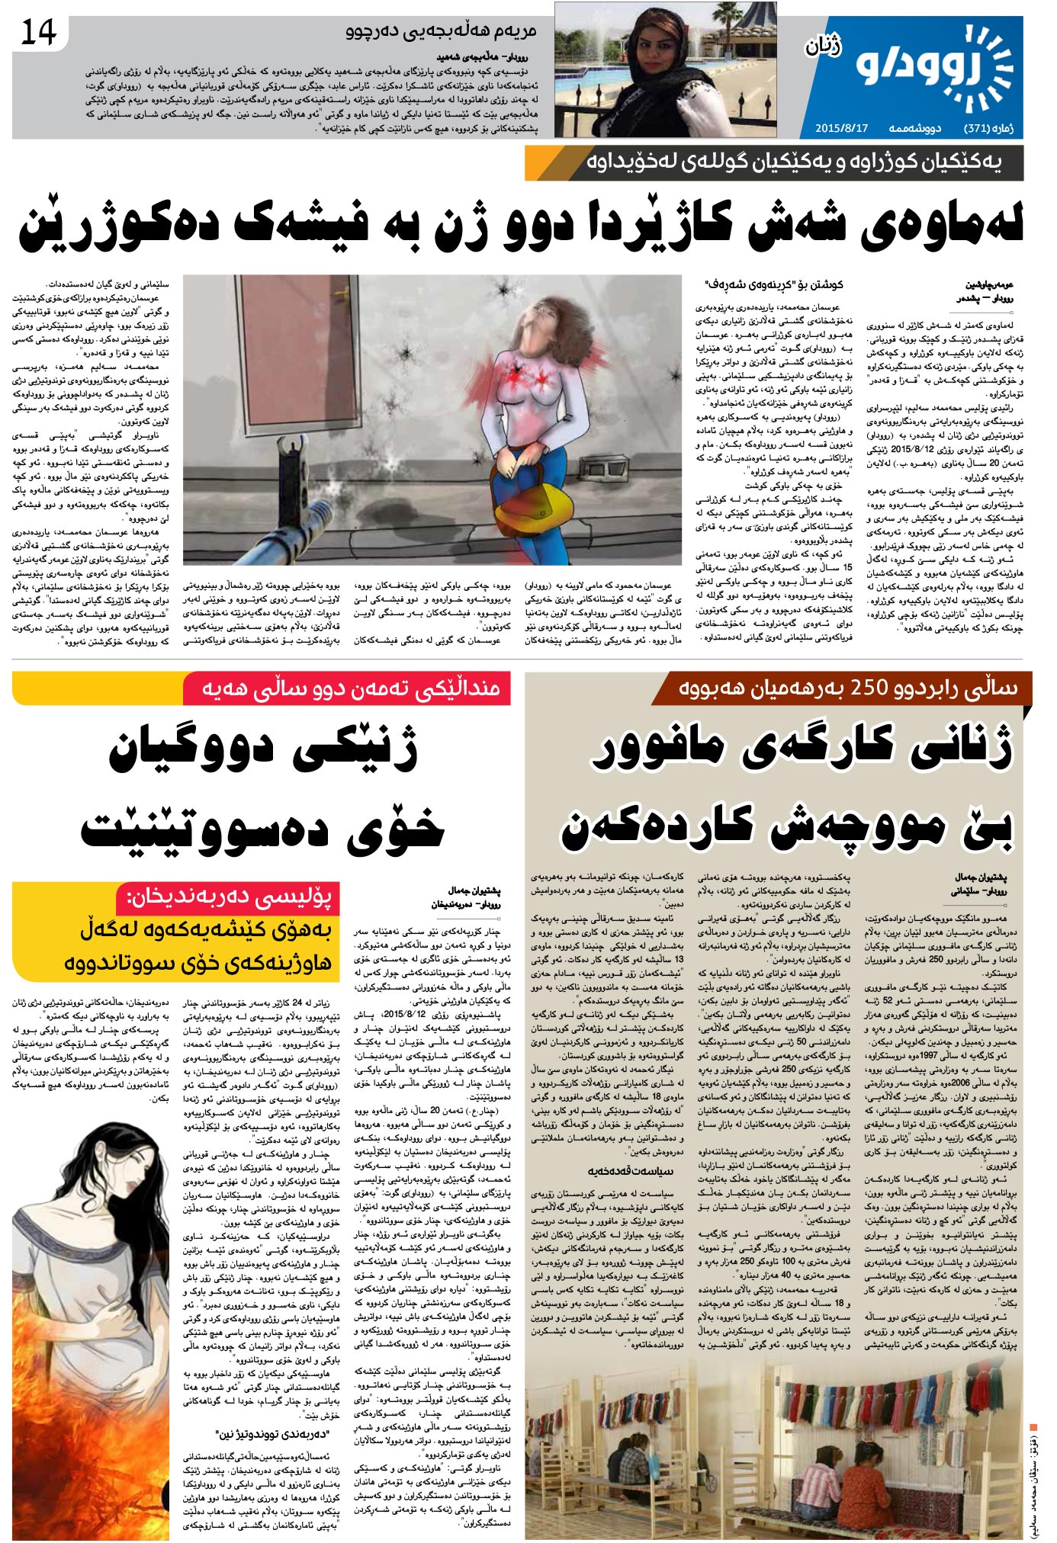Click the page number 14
(x=39, y=33)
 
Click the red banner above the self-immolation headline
(x=346, y=688)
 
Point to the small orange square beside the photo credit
(x=1033, y=1426)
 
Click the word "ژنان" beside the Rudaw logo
(x=823, y=47)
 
